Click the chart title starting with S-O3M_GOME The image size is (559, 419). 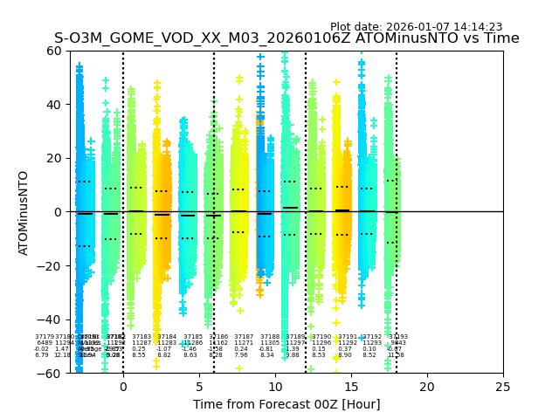286,38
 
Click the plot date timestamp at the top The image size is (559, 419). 416,27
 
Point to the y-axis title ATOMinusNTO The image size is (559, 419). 24,212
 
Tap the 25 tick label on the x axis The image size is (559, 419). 503,387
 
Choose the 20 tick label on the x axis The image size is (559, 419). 427,387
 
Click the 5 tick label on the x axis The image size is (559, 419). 199,387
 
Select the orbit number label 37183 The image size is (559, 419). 141,337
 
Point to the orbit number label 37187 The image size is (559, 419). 244,337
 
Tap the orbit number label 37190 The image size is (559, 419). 321,337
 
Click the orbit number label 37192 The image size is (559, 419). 371,337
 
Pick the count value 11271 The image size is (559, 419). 244,343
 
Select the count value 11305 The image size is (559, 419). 270,343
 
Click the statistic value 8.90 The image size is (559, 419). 345,355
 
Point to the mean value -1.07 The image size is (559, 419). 163,349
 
